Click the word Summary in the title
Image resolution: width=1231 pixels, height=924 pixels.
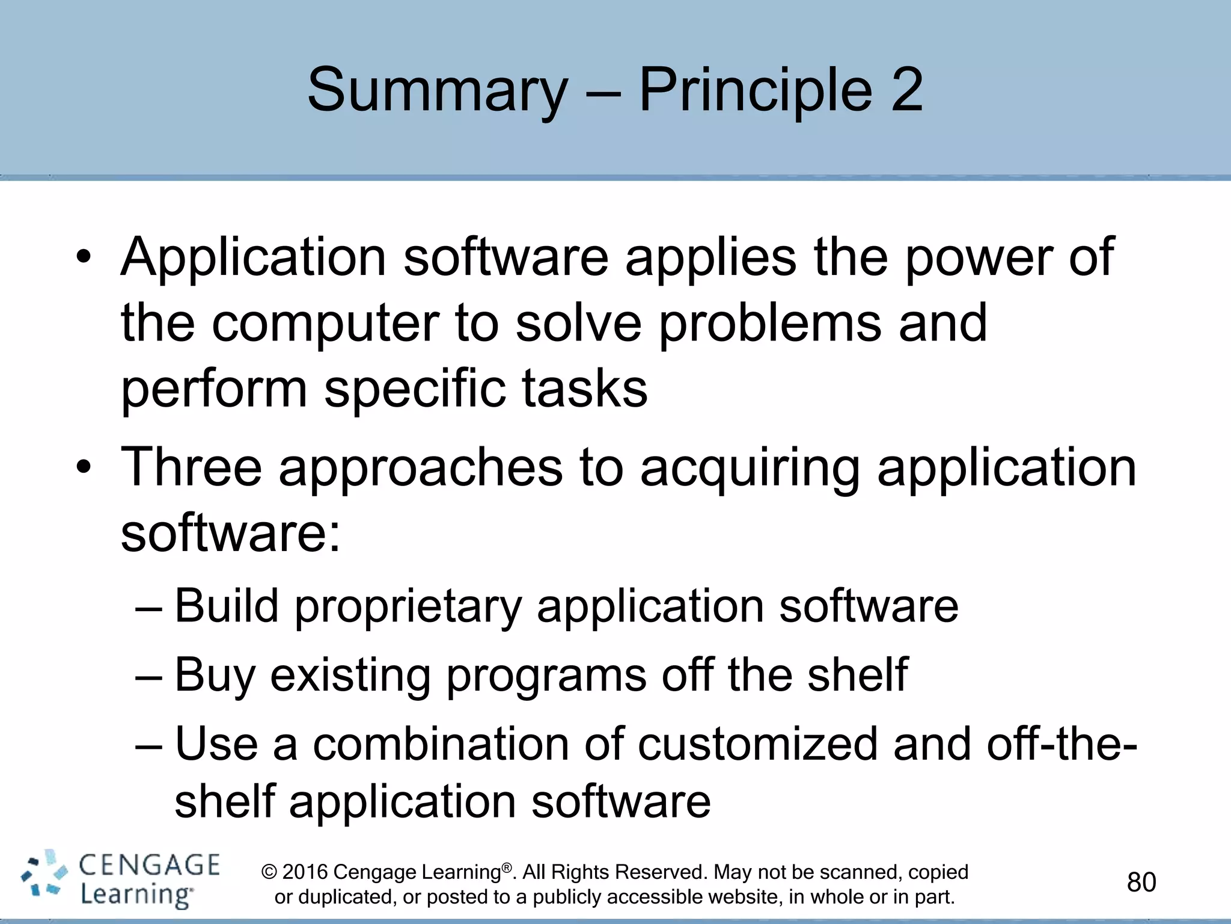pos(437,90)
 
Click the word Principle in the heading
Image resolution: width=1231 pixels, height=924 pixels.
pos(755,90)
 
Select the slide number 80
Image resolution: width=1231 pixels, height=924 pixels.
pos(1141,882)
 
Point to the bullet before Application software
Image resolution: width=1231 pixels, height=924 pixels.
pos(84,258)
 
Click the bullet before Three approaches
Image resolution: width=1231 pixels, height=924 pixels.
pos(84,468)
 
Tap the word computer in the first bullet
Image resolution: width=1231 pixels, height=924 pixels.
pos(325,323)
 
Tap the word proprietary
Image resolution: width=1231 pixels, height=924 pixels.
pos(408,606)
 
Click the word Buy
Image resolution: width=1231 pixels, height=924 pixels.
pos(215,675)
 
